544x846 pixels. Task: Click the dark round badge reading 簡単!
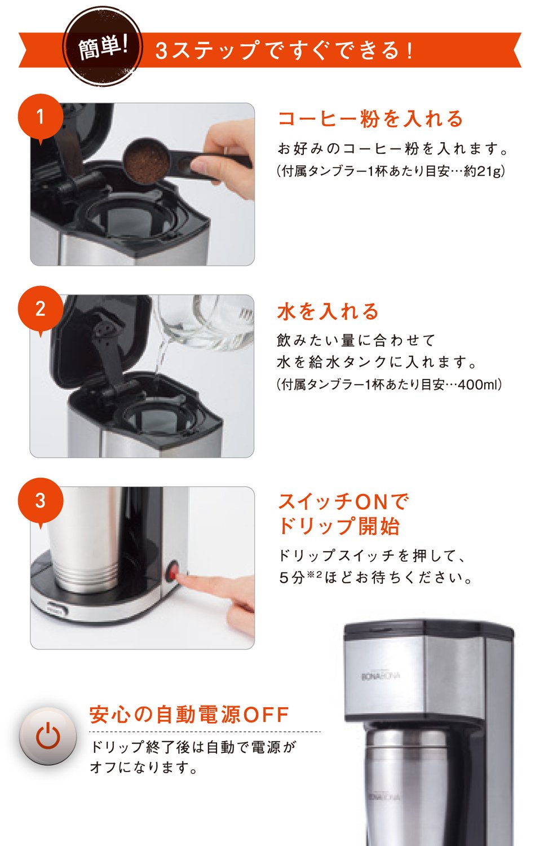tap(103, 47)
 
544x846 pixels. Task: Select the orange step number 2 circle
tap(41, 309)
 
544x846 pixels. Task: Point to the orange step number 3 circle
tap(41, 501)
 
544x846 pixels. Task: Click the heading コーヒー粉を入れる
tap(370, 118)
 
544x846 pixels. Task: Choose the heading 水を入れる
tap(328, 311)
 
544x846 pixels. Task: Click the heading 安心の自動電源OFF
tap(189, 715)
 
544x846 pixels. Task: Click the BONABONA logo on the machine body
tap(380, 676)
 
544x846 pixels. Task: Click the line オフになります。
tap(144, 768)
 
